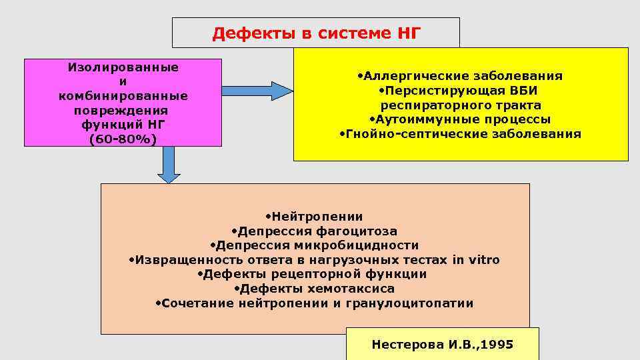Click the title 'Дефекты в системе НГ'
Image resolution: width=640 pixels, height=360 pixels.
pos(316,33)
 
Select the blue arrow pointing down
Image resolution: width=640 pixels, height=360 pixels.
pos(169,165)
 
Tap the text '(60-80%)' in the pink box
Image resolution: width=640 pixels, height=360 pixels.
pos(123,139)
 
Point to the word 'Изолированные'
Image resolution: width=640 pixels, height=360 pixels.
pos(123,67)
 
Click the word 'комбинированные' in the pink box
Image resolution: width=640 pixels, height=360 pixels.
pos(123,96)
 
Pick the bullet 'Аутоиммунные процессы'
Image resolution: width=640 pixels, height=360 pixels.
pos(460,119)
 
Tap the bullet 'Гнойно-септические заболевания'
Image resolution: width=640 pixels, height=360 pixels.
pos(460,134)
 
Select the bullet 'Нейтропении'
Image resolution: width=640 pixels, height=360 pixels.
pos(314,216)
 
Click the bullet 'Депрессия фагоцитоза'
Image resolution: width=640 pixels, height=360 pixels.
pos(314,231)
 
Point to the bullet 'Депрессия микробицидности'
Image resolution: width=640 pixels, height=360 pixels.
pos(314,245)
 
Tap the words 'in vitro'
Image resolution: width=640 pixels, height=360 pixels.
pos(475,260)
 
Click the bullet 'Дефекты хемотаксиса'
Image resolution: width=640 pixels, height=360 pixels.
pos(314,289)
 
